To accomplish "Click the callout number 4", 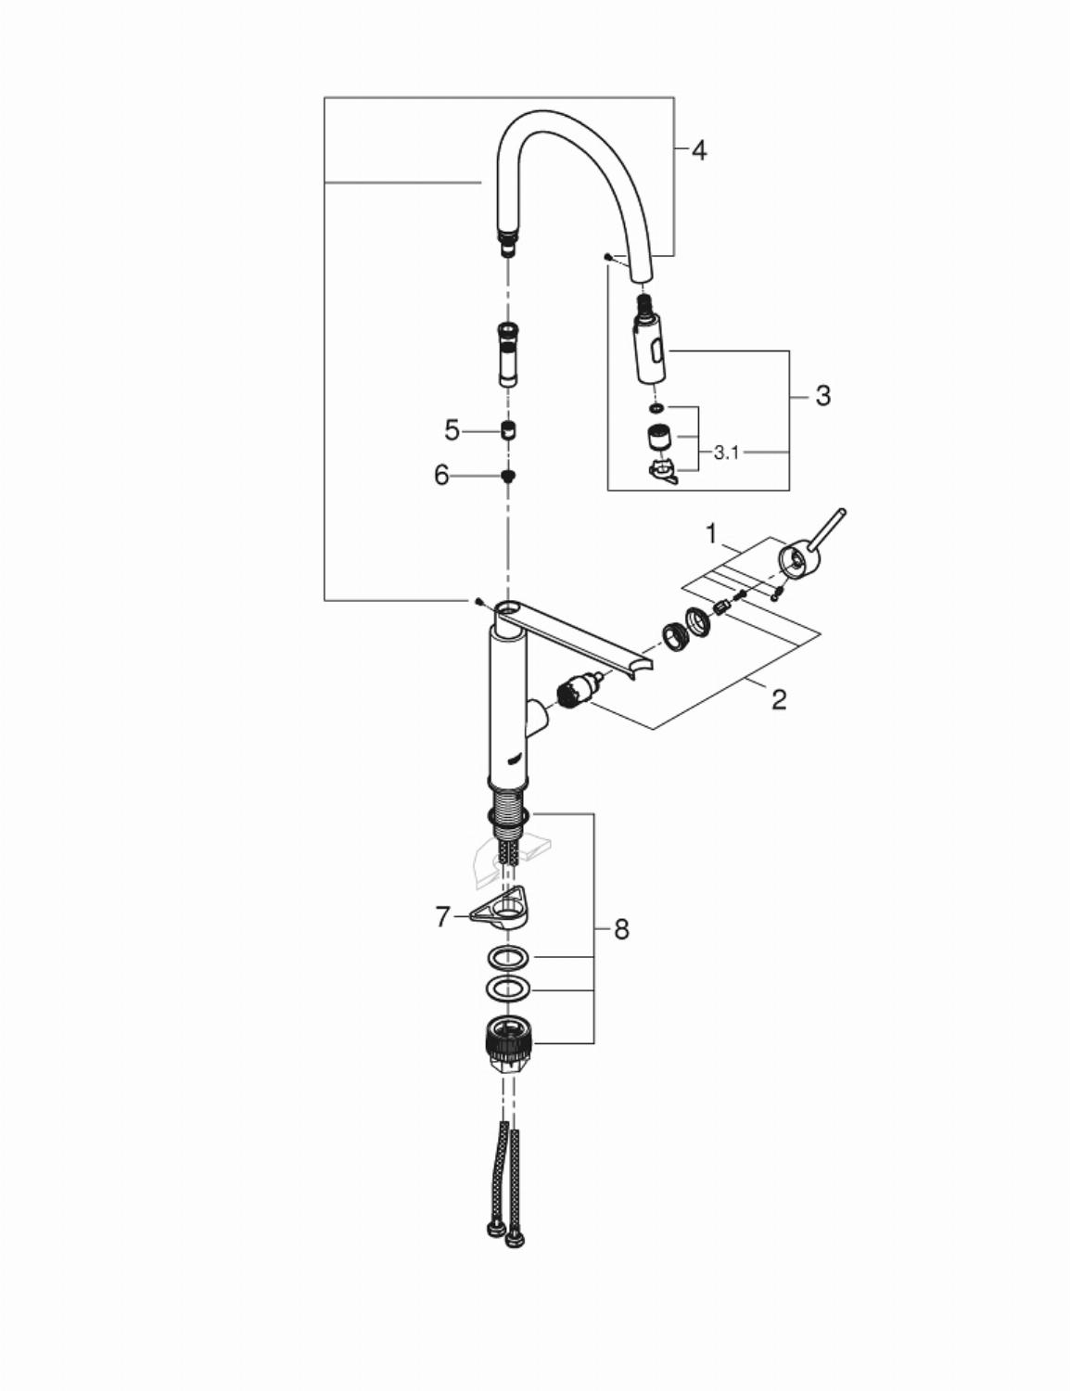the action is [699, 151].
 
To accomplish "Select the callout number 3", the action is [823, 396].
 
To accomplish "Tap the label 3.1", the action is [726, 453].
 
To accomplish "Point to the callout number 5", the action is [452, 431].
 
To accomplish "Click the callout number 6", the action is [441, 476].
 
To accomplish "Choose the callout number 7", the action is [443, 917].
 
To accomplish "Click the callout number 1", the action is [710, 534].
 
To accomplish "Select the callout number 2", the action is [779, 699].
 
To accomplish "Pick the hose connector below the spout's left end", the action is [509, 354].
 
